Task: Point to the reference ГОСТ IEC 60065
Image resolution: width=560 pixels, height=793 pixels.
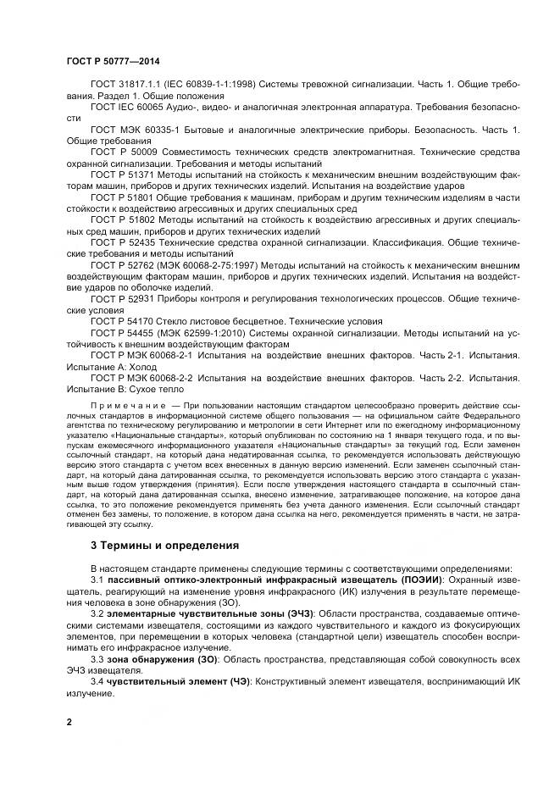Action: [129, 108]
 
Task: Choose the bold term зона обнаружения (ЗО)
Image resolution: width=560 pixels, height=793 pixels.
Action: [160, 657]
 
